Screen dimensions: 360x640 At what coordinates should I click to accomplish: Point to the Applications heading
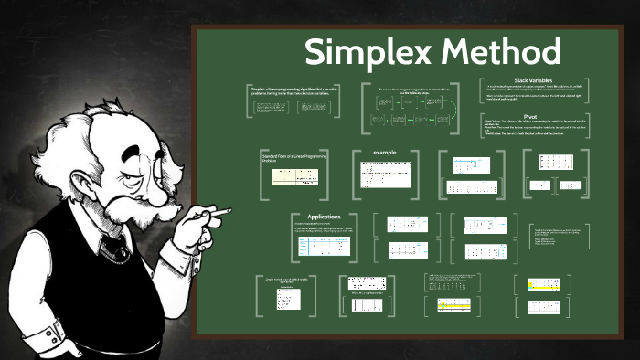tap(324, 217)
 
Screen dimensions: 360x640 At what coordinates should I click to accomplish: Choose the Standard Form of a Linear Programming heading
tap(290, 158)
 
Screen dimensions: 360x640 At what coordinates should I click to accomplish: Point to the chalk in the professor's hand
tap(219, 214)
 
